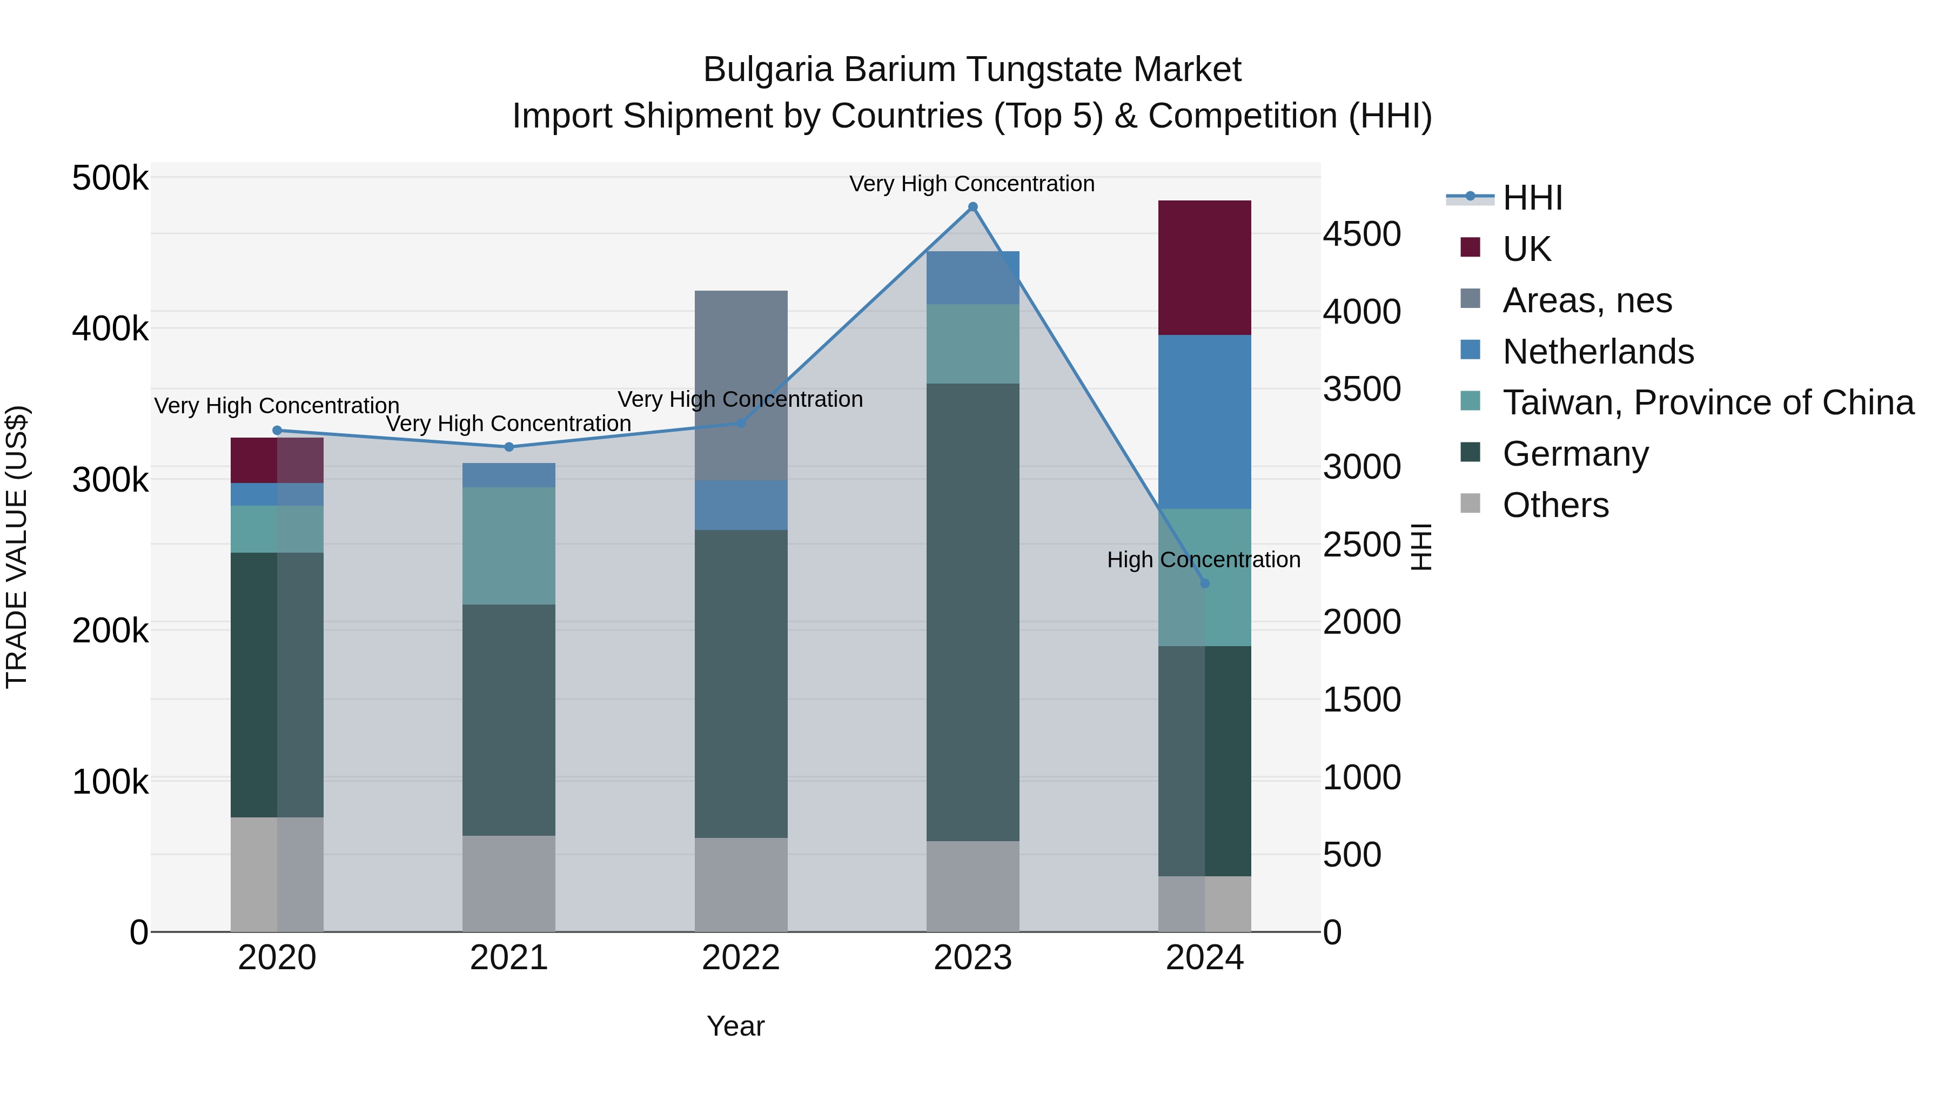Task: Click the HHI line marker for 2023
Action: [972, 207]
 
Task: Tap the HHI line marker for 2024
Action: [1204, 583]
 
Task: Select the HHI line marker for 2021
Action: [509, 447]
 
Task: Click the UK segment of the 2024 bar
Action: [1204, 267]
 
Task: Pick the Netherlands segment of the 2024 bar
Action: [1204, 421]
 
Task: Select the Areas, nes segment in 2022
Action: [741, 385]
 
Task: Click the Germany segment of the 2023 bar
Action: [972, 612]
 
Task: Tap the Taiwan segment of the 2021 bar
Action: [509, 545]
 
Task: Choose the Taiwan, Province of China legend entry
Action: [1708, 402]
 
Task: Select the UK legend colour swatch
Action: [1470, 247]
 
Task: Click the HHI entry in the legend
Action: [1532, 198]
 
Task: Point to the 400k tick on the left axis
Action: [110, 329]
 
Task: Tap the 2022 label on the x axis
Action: [741, 958]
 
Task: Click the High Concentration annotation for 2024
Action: [1204, 560]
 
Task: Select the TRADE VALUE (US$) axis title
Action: [17, 547]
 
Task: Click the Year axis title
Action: [735, 1026]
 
